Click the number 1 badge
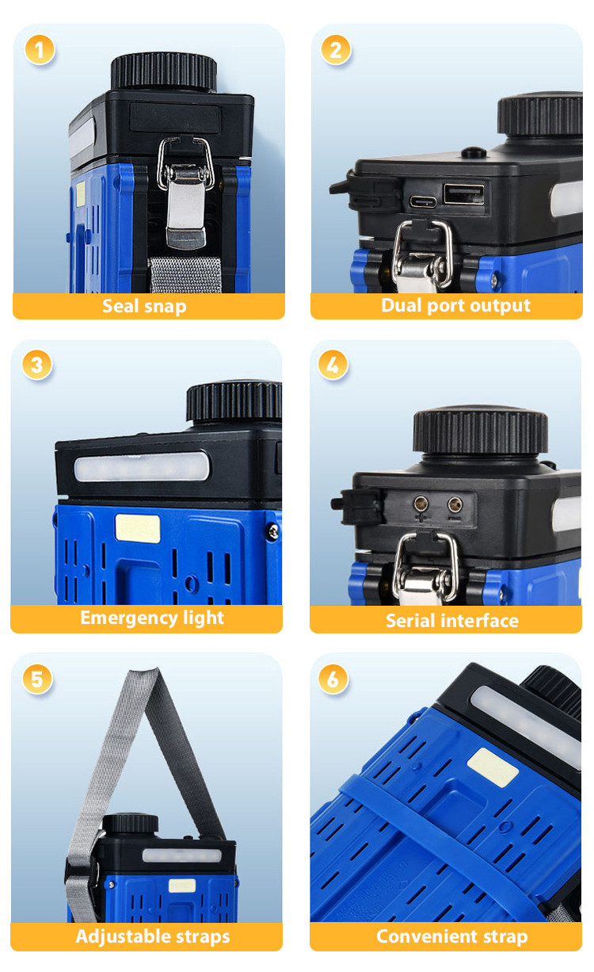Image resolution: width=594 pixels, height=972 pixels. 40,50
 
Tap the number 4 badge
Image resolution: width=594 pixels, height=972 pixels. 333,365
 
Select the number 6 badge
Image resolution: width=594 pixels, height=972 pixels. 333,679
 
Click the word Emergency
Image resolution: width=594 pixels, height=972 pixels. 129,618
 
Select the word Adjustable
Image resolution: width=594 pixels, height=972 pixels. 123,936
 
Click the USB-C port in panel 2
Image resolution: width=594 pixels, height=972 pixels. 423,201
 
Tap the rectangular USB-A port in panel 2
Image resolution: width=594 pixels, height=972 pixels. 463,194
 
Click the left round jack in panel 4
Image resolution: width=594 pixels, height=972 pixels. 421,504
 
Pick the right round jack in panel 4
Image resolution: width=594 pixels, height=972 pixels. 455,505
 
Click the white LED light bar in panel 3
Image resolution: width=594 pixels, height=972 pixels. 141,466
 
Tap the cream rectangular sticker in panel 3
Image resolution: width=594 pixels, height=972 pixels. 138,529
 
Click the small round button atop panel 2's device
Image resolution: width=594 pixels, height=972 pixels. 474,152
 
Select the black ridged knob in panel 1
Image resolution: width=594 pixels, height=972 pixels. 164,71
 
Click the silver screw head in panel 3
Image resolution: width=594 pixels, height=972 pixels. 273,530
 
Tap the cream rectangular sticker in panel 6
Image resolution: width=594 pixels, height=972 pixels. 493,767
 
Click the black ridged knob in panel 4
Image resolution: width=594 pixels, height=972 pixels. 480,430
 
